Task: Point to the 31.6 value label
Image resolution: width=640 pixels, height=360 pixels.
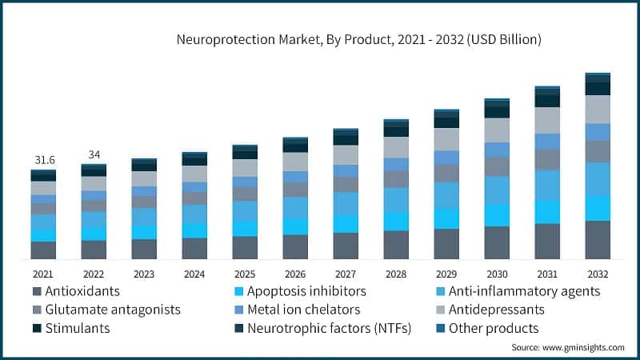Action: tap(43, 160)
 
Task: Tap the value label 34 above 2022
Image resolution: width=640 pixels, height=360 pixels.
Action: tap(94, 154)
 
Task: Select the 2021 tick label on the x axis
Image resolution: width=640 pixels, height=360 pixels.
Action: tap(43, 272)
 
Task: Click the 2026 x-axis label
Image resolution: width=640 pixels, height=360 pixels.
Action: tap(295, 272)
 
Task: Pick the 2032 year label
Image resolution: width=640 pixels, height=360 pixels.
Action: tap(598, 272)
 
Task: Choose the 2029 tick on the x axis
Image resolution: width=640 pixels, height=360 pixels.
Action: tap(446, 272)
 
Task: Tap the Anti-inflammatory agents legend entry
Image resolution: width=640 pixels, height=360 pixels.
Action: tap(524, 291)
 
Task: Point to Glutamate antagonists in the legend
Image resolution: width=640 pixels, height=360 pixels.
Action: tap(112, 310)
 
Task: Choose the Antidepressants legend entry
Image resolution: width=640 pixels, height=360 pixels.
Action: tap(496, 310)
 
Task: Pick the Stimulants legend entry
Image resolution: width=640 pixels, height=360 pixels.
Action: tap(77, 328)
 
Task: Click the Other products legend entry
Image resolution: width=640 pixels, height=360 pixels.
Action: tap(493, 328)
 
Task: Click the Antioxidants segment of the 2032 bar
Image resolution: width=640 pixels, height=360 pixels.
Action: tap(598, 240)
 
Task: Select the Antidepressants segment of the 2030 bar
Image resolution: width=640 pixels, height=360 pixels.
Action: tap(497, 130)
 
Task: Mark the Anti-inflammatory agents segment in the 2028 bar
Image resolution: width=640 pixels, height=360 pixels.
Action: tap(396, 200)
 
